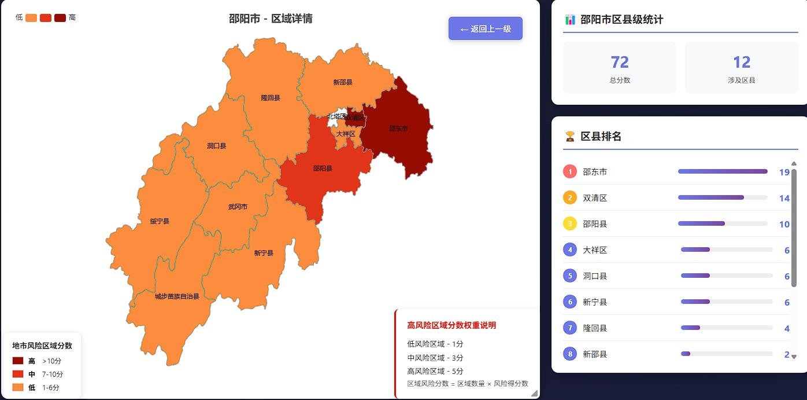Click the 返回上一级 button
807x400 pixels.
point(486,29)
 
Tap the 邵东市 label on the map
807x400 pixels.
point(398,129)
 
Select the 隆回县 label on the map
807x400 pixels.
point(271,98)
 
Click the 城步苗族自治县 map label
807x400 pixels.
point(177,296)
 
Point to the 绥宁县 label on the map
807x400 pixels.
point(160,221)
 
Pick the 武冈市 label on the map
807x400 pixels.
point(238,207)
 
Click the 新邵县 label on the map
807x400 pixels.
point(343,82)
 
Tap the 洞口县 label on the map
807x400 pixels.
point(217,146)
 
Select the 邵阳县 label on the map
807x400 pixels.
point(323,168)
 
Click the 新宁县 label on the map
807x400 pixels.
point(264,253)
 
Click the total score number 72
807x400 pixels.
point(620,62)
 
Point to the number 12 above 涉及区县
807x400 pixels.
point(742,62)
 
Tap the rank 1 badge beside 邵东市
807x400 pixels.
point(570,171)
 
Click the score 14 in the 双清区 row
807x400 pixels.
point(784,198)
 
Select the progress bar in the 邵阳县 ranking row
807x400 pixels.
point(723,223)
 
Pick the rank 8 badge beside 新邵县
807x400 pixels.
point(570,354)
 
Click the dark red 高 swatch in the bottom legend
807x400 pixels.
point(18,361)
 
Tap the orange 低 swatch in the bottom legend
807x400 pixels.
point(18,387)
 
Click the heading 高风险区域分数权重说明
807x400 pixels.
point(451,325)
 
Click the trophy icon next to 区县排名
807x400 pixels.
point(570,136)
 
